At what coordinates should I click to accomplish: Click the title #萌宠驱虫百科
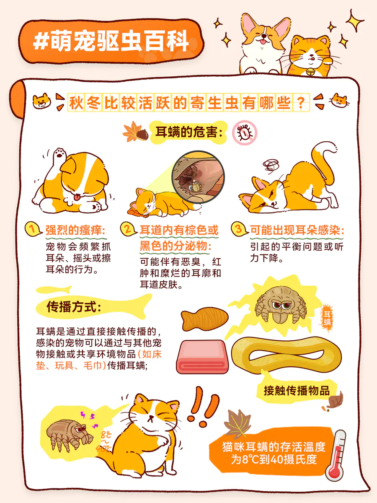[111, 41]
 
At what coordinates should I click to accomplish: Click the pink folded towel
[202, 357]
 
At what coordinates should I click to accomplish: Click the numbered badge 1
[33, 229]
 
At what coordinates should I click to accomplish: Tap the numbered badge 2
[128, 229]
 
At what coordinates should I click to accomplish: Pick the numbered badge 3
[239, 229]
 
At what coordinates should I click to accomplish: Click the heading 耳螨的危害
[189, 132]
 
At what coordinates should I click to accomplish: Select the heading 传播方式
[74, 306]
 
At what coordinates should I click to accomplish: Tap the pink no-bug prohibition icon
[245, 133]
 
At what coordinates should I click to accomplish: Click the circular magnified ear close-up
[198, 177]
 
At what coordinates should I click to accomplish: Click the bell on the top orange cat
[311, 72]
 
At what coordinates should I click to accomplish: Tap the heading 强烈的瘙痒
[75, 230]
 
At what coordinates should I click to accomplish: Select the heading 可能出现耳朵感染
[297, 230]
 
